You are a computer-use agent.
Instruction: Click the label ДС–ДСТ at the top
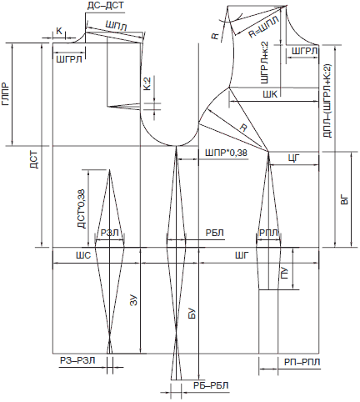105,6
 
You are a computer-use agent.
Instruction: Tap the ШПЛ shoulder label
116,26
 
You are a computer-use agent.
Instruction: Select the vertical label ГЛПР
6,94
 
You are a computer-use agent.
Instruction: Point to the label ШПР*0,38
226,153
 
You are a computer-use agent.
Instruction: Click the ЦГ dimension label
294,158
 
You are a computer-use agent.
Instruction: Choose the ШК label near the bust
270,94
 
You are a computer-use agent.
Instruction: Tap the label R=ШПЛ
263,27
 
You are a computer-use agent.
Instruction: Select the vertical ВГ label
344,200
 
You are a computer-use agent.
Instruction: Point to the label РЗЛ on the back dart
110,233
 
